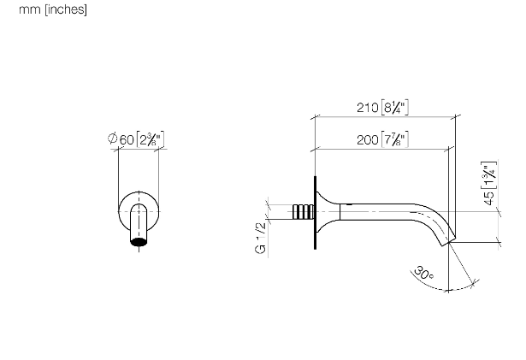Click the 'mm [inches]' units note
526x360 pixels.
(53, 9)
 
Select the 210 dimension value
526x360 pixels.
(367, 108)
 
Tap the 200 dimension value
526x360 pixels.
(367, 139)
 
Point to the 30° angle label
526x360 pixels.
(423, 273)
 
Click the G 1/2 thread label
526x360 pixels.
(261, 238)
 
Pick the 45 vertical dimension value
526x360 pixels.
(489, 198)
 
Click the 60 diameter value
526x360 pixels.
(127, 139)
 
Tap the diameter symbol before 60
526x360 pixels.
(112, 138)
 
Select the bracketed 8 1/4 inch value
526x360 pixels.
(395, 108)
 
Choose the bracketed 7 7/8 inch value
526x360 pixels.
(395, 139)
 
